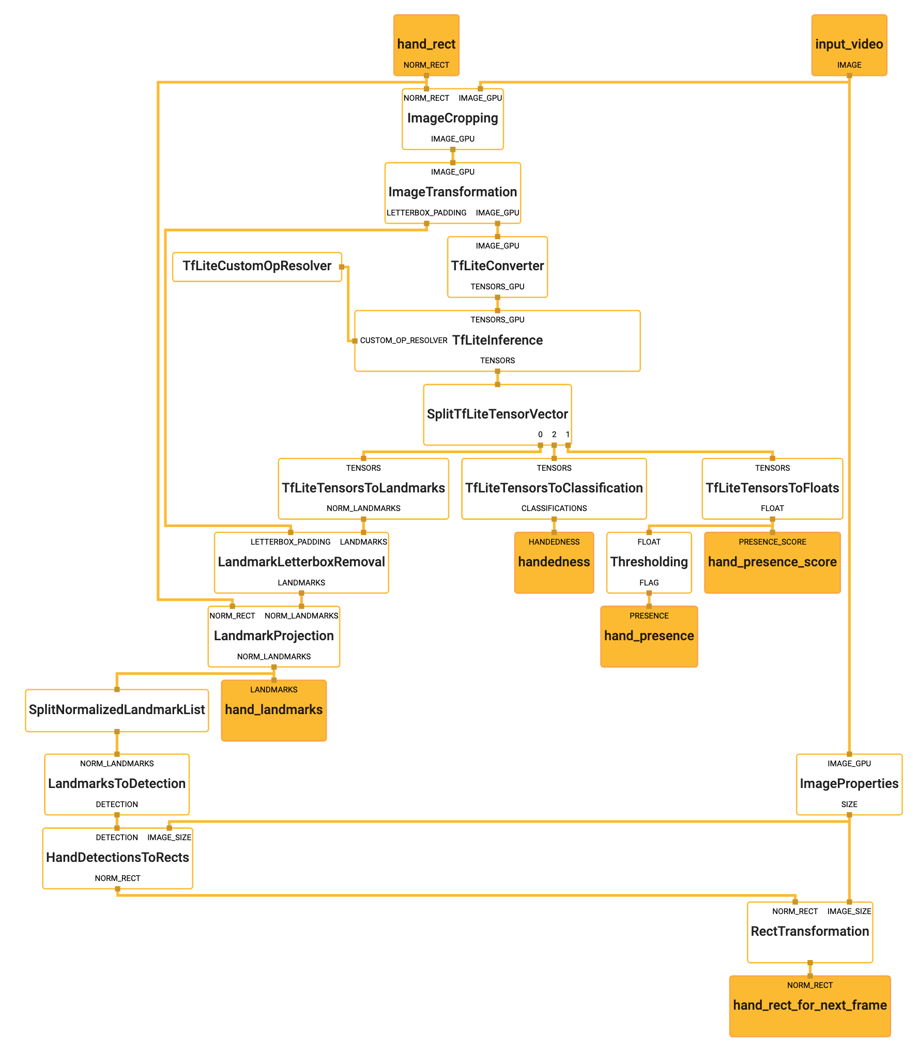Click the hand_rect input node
(426, 45)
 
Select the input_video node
(849, 45)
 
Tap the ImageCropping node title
(452, 118)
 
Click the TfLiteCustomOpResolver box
(257, 266)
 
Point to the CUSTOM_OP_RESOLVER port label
(404, 341)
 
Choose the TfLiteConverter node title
(497, 266)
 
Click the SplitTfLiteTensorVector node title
(497, 414)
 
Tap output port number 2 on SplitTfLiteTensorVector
(554, 435)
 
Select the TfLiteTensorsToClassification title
(554, 488)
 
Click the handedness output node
(554, 562)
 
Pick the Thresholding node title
(649, 562)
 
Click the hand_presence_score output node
(772, 562)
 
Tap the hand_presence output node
(649, 636)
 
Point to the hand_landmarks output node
(273, 710)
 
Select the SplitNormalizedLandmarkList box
(117, 710)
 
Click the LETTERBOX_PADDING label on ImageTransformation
(426, 213)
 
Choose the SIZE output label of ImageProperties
(849, 805)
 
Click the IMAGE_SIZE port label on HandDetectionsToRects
(169, 838)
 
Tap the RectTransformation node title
(809, 932)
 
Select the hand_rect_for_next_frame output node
(809, 1006)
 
